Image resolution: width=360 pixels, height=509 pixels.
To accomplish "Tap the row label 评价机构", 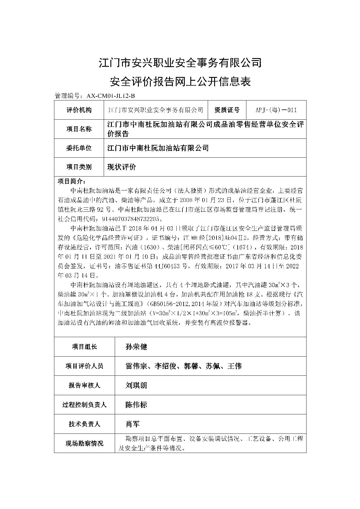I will tap(79, 110).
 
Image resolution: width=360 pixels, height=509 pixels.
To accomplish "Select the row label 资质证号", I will tap(227, 110).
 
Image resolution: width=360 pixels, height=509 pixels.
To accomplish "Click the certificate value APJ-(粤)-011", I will tap(276, 110).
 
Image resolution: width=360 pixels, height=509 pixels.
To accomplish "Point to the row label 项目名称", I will tap(79, 129).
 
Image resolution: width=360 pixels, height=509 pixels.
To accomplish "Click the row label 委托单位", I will tap(79, 148).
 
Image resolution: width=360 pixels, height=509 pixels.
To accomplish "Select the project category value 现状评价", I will tap(121, 167).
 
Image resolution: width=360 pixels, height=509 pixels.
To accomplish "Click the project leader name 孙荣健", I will tap(136, 347).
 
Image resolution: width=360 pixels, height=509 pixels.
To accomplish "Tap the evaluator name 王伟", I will tap(234, 366).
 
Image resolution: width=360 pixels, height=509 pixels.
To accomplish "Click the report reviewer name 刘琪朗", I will tap(136, 385).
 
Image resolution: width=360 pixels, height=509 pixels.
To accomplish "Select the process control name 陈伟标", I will tap(136, 405).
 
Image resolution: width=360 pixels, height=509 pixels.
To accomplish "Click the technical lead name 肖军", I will tap(132, 424).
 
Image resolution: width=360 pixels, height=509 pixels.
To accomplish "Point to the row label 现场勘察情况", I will tap(84, 443).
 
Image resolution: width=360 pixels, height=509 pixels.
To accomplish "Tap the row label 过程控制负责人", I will tap(84, 405).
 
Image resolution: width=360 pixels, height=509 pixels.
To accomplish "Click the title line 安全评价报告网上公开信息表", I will tap(180, 82).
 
